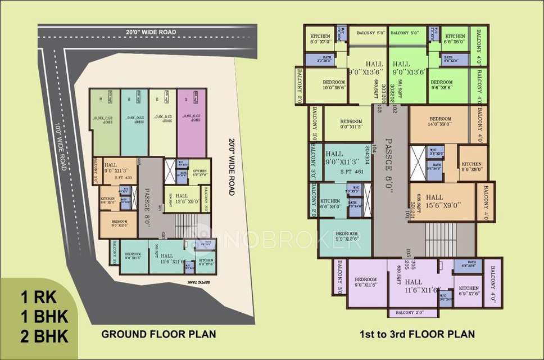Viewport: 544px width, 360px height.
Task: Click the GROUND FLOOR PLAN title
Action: coord(158,334)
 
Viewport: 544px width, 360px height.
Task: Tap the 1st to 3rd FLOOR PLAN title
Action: coord(417,334)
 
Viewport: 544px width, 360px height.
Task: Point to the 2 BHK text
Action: coord(44,336)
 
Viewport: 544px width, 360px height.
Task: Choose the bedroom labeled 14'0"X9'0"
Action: coord(439,123)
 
